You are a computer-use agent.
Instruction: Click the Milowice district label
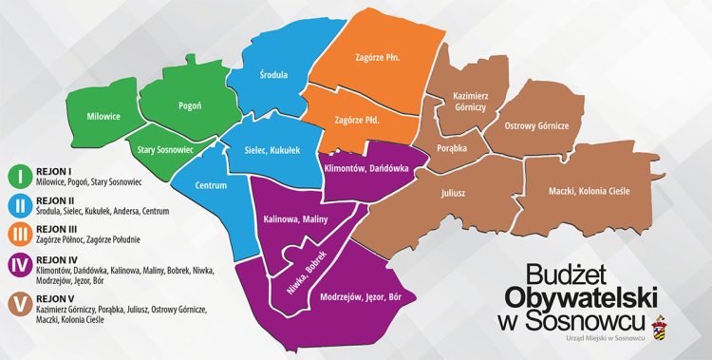[x=103, y=117]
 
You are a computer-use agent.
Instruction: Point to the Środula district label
[x=273, y=74]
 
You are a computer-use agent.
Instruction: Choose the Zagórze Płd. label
[x=357, y=121]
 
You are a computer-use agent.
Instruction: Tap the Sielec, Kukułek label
[x=272, y=150]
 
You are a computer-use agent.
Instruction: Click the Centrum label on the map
[x=211, y=185]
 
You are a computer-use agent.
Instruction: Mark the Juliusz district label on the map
[x=453, y=194]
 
